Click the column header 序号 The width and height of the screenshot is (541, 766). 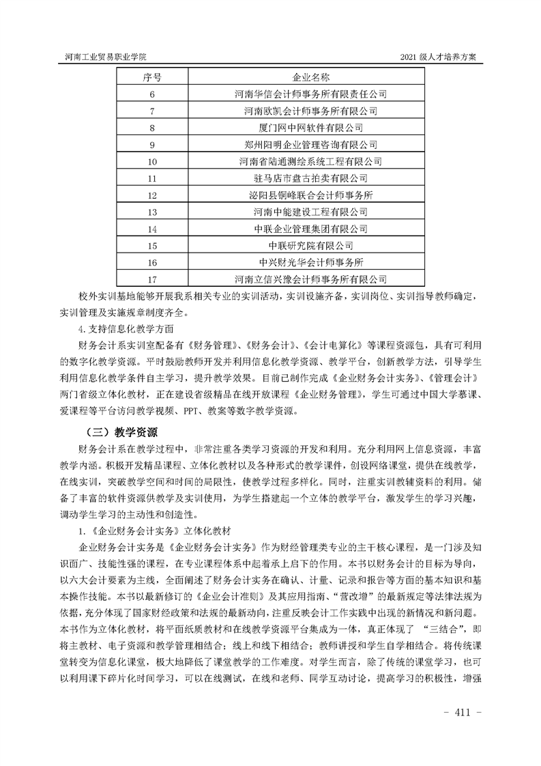151,77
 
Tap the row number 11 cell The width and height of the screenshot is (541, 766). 151,178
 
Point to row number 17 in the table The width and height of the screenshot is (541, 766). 151,279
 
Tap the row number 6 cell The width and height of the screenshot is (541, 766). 151,94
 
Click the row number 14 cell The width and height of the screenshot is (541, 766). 151,229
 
